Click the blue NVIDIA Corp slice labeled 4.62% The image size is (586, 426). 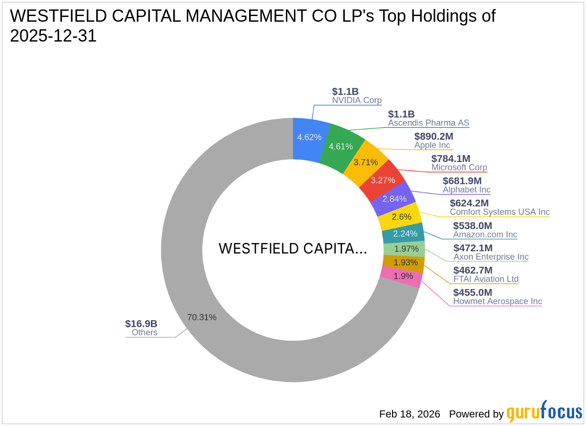[x=309, y=137]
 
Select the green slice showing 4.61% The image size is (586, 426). [x=341, y=146]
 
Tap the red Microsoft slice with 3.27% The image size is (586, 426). [x=383, y=180]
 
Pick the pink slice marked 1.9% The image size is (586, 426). [x=403, y=276]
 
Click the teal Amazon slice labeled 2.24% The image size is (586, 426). [x=405, y=233]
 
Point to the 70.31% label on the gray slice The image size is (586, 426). [x=202, y=317]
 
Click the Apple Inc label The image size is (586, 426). [x=432, y=145]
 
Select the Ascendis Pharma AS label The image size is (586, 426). [x=428, y=123]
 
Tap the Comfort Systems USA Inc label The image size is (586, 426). [x=500, y=212]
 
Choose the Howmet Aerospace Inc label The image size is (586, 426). [x=497, y=301]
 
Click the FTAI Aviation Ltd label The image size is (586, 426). [x=486, y=279]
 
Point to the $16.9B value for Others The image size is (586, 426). [x=141, y=324]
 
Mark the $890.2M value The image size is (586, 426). [x=434, y=136]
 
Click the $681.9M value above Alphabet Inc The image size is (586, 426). [x=462, y=181]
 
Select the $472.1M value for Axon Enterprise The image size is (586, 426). [x=473, y=248]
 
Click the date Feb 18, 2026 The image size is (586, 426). [x=410, y=414]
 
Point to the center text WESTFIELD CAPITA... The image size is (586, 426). [x=293, y=249]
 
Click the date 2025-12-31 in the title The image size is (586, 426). [x=53, y=36]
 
